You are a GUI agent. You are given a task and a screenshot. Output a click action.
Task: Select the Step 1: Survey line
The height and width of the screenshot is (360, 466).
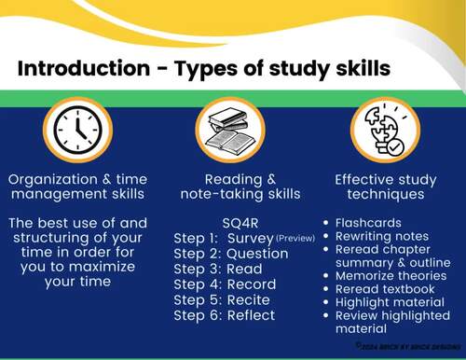224,239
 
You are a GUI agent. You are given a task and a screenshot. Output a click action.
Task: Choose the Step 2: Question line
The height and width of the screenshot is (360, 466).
226,254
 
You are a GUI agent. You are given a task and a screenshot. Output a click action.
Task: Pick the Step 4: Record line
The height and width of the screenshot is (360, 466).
225,284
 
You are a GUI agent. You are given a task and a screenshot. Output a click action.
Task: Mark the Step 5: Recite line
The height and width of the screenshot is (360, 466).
222,300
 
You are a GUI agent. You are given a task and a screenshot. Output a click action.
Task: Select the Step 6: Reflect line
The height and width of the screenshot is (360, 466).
225,315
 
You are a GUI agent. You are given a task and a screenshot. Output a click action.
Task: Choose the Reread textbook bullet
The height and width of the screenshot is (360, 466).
384,290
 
